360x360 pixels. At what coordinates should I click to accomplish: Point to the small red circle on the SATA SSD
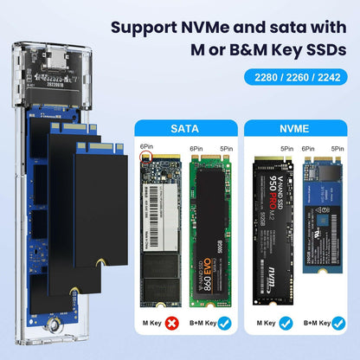pos(146,158)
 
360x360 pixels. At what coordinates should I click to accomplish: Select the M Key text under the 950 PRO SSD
pos(264,325)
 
